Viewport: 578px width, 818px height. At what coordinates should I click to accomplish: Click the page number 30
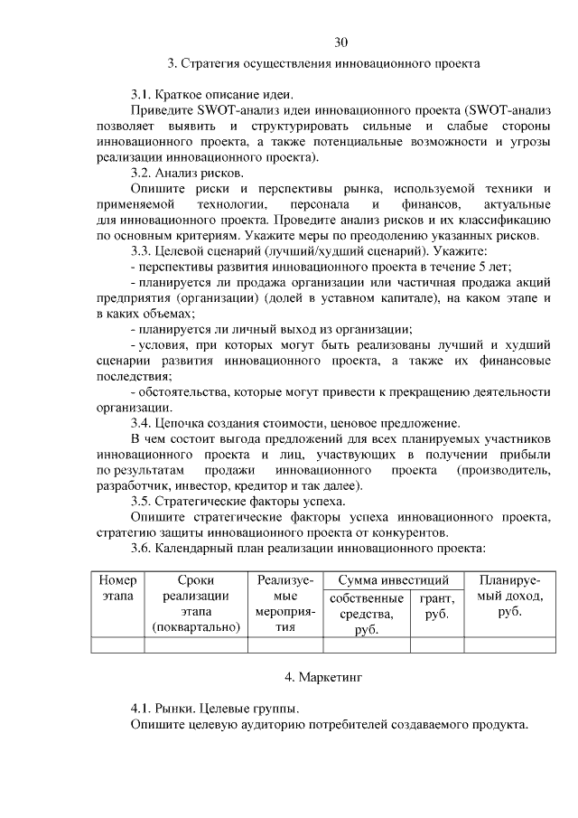click(x=340, y=42)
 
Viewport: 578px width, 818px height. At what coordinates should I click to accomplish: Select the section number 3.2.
click(x=143, y=172)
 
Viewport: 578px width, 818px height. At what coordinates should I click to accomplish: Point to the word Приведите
click(x=159, y=109)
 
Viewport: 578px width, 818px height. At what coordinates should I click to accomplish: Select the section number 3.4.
click(x=143, y=422)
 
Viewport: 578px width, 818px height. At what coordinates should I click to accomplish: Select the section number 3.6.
click(x=143, y=547)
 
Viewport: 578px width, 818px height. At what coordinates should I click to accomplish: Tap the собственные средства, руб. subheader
click(x=367, y=614)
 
